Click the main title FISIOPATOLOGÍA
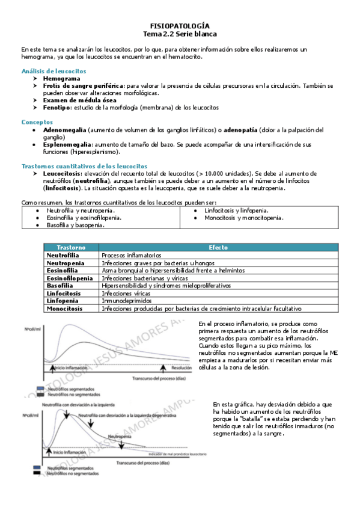tap(180, 26)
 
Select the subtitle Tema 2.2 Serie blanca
tap(180, 35)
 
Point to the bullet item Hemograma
tap(61, 79)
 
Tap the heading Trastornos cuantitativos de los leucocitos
tap(84, 165)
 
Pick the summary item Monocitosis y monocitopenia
tap(244, 218)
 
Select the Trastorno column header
tap(72, 247)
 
